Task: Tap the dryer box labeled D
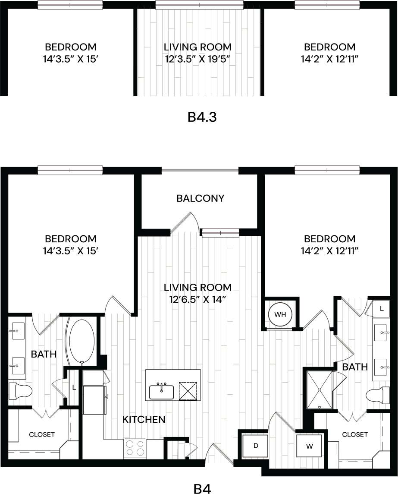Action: coord(255,445)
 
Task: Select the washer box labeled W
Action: coord(309,446)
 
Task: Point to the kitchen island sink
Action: coord(162,392)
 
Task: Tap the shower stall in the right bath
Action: coord(320,389)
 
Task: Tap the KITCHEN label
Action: coord(144,419)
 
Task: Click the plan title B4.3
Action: coord(202,117)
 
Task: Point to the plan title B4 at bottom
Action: coord(202,489)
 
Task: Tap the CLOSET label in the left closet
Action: coord(42,434)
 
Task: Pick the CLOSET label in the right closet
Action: coord(355,434)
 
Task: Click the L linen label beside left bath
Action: coord(74,387)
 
